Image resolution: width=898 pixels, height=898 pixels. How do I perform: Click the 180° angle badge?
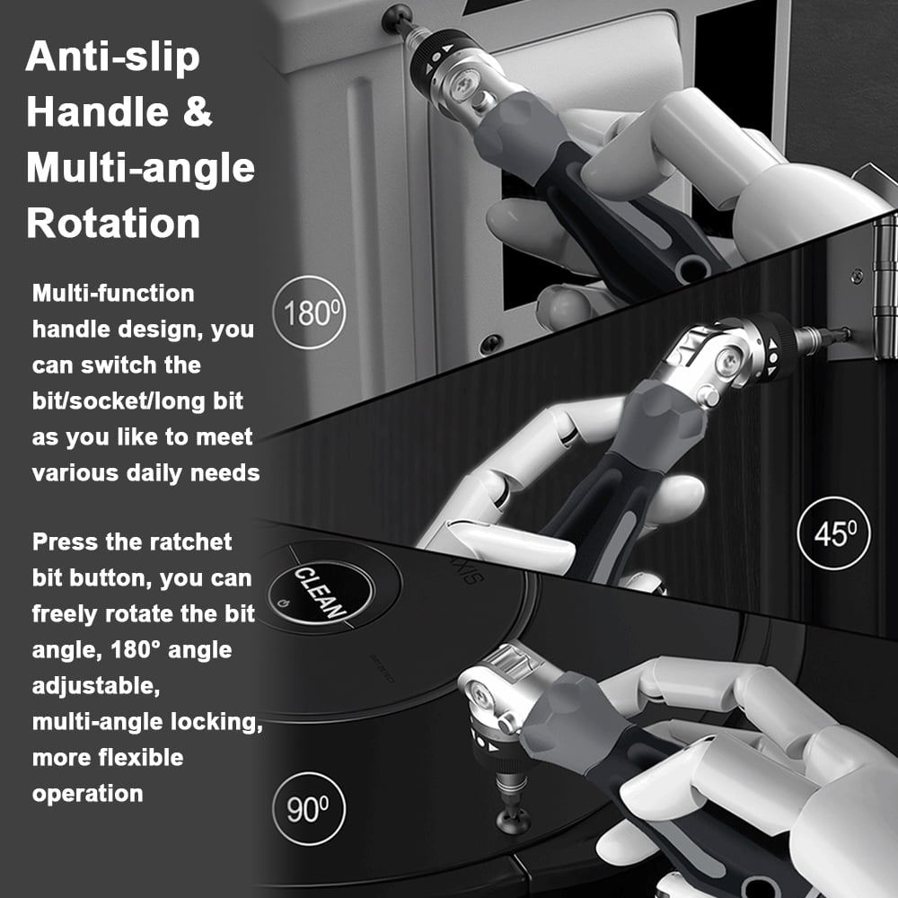coord(309,313)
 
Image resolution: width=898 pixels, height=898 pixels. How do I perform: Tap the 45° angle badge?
coord(834,533)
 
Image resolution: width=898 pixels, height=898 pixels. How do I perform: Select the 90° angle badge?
coord(309,809)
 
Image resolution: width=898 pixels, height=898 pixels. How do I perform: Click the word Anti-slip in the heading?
coord(113,57)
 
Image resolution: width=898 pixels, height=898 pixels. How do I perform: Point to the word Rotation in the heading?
coord(113,222)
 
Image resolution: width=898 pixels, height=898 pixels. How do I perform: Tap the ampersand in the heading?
coord(198,111)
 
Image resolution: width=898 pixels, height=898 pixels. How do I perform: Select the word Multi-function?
coord(113,294)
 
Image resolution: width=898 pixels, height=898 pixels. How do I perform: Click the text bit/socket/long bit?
coord(137,401)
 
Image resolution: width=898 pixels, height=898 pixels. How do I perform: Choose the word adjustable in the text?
coord(96,686)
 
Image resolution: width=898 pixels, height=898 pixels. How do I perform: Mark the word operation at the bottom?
coord(88,795)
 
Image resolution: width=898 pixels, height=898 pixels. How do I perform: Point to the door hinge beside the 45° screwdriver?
coord(885,286)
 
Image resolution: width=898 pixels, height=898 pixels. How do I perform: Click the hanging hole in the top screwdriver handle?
coord(689,268)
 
